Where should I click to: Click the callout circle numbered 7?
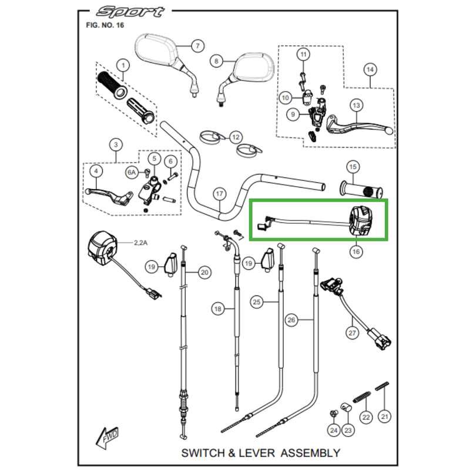198,46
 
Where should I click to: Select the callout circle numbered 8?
216,61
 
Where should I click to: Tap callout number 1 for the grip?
122,65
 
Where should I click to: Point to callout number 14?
370,70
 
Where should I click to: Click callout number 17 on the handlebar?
219,193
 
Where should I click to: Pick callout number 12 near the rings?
235,137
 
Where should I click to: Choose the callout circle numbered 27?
352,333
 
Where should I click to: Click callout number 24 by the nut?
334,431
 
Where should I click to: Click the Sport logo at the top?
123,11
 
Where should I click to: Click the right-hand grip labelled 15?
361,190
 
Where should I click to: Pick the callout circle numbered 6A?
132,172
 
